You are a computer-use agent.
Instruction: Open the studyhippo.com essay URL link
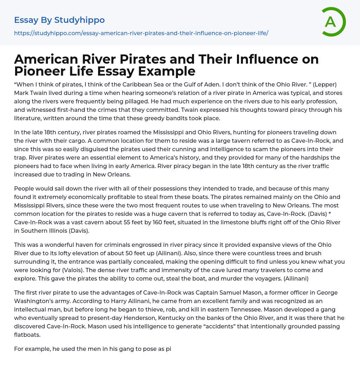point(141,33)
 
